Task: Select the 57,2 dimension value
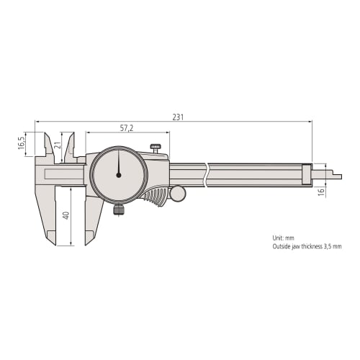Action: point(126,127)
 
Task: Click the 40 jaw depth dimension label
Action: point(66,215)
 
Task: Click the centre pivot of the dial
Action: point(118,175)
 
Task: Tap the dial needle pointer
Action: point(118,164)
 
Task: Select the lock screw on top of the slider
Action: point(156,148)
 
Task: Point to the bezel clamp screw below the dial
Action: point(119,210)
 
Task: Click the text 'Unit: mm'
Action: point(284,238)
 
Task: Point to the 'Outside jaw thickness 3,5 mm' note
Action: point(307,246)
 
